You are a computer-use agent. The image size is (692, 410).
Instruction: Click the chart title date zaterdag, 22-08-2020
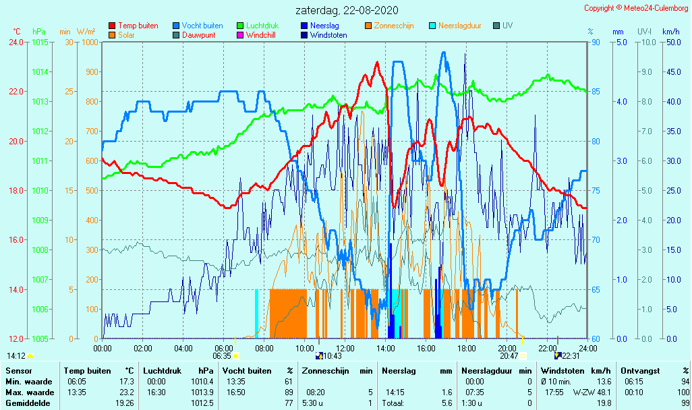click(347, 10)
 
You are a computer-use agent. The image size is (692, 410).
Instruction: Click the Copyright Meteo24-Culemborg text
click(636, 8)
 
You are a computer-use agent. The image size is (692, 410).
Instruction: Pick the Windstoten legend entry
click(328, 35)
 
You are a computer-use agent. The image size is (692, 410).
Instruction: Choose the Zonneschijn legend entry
click(394, 26)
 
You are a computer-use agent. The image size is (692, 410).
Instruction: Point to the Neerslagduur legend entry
click(459, 26)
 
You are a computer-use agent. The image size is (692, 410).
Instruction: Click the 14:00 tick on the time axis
click(386, 348)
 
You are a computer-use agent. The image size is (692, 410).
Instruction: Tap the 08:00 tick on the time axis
click(264, 348)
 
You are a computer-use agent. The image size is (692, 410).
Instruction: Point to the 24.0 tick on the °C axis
click(16, 42)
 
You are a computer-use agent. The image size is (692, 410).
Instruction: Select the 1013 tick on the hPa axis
click(40, 101)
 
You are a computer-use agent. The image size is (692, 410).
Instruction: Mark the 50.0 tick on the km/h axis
click(671, 42)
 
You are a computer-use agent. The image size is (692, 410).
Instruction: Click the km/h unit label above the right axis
click(670, 32)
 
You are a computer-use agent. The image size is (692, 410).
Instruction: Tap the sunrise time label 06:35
click(222, 355)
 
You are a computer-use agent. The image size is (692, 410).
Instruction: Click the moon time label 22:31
click(570, 355)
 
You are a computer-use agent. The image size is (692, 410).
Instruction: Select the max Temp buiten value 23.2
click(126, 392)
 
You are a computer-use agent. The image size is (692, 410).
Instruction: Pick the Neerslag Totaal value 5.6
click(446, 403)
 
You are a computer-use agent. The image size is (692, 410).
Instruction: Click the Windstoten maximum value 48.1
click(602, 392)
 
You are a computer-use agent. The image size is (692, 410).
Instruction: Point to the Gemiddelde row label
click(26, 403)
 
